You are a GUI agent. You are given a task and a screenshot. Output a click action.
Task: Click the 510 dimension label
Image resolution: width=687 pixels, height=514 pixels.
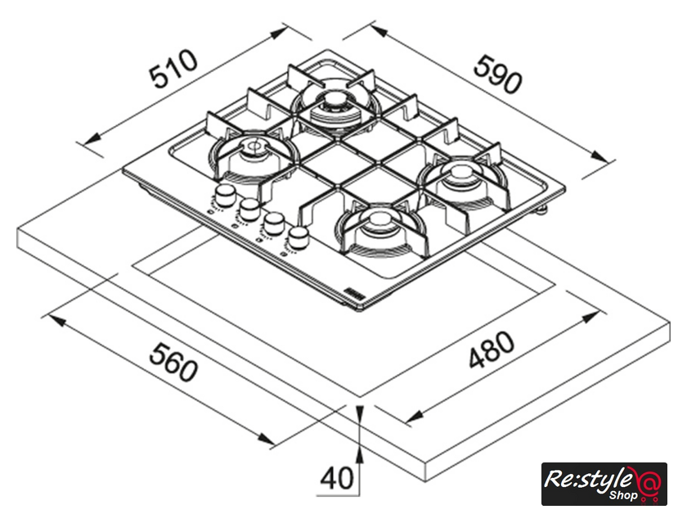[173, 70]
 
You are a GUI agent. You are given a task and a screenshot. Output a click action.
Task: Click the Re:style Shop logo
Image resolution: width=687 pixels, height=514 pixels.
[604, 484]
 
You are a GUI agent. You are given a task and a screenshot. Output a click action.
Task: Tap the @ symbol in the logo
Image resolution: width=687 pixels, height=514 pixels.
[649, 482]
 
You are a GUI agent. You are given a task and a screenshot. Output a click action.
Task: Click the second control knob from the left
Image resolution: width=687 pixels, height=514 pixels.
[249, 209]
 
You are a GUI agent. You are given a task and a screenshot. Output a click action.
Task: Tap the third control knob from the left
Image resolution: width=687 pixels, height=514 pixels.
[273, 223]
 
